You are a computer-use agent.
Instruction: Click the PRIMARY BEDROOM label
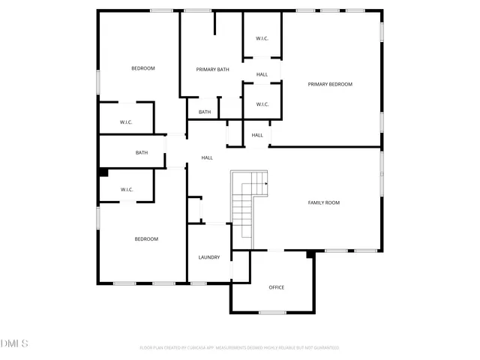[x=330, y=85]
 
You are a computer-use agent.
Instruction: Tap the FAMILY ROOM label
[x=324, y=202]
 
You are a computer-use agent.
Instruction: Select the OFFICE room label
[x=277, y=287]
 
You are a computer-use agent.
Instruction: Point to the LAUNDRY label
[x=209, y=257]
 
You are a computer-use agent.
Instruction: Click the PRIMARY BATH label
[x=212, y=70]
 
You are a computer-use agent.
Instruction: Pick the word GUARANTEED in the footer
[x=324, y=348]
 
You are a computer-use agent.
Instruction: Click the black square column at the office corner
[x=310, y=255]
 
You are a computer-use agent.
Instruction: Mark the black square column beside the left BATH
[x=103, y=172]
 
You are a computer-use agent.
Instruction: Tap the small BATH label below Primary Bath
[x=205, y=112]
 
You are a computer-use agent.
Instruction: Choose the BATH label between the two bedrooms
[x=142, y=153]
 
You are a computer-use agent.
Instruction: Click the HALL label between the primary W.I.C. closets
[x=262, y=74]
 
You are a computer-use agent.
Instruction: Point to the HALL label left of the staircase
[x=207, y=157]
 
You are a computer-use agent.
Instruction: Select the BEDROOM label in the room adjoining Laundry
[x=146, y=239]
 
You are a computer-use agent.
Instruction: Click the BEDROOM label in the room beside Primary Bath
[x=142, y=68]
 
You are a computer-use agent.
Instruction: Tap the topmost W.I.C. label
[x=262, y=38]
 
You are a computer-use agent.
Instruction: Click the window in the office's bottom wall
[x=272, y=312]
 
